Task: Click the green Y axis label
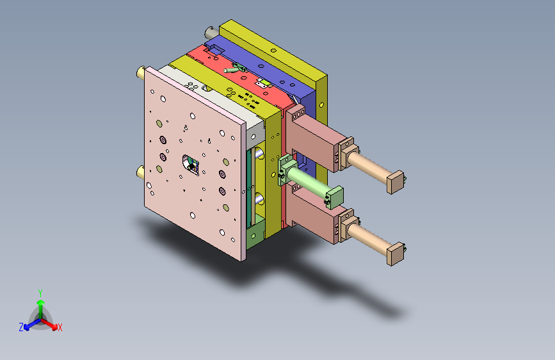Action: pyautogui.click(x=40, y=293)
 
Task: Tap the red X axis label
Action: pyautogui.click(x=60, y=327)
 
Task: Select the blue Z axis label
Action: pyautogui.click(x=21, y=327)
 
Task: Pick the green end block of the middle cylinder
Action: pyautogui.click(x=335, y=197)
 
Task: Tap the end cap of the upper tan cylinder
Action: pyautogui.click(x=396, y=182)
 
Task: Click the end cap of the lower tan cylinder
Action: pyautogui.click(x=396, y=254)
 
